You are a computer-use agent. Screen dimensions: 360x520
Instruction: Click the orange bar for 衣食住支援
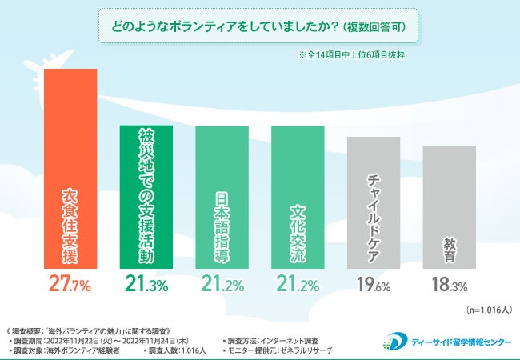[70, 168]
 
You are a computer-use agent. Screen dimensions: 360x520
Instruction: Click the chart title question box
[260, 26]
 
